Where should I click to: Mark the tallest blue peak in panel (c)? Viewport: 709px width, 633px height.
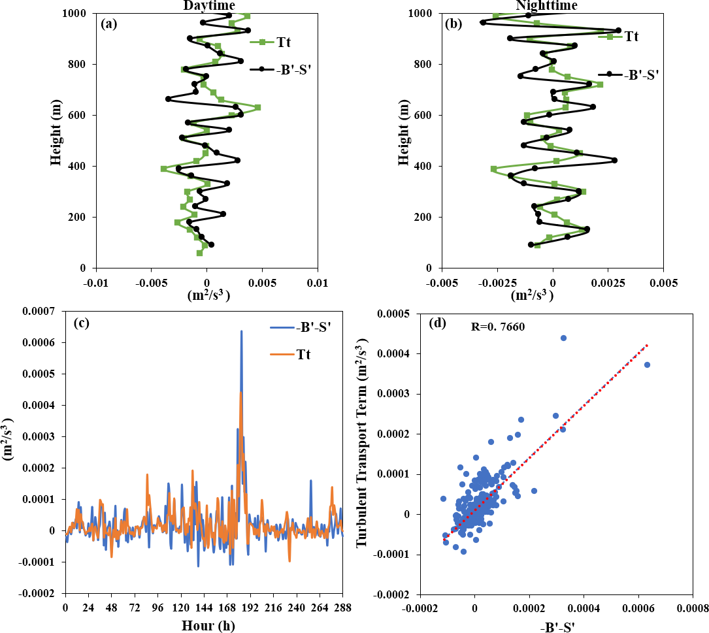click(241, 331)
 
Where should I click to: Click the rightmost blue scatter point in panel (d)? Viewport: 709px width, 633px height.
click(647, 365)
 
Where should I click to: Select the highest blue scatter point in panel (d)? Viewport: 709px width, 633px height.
click(563, 338)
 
